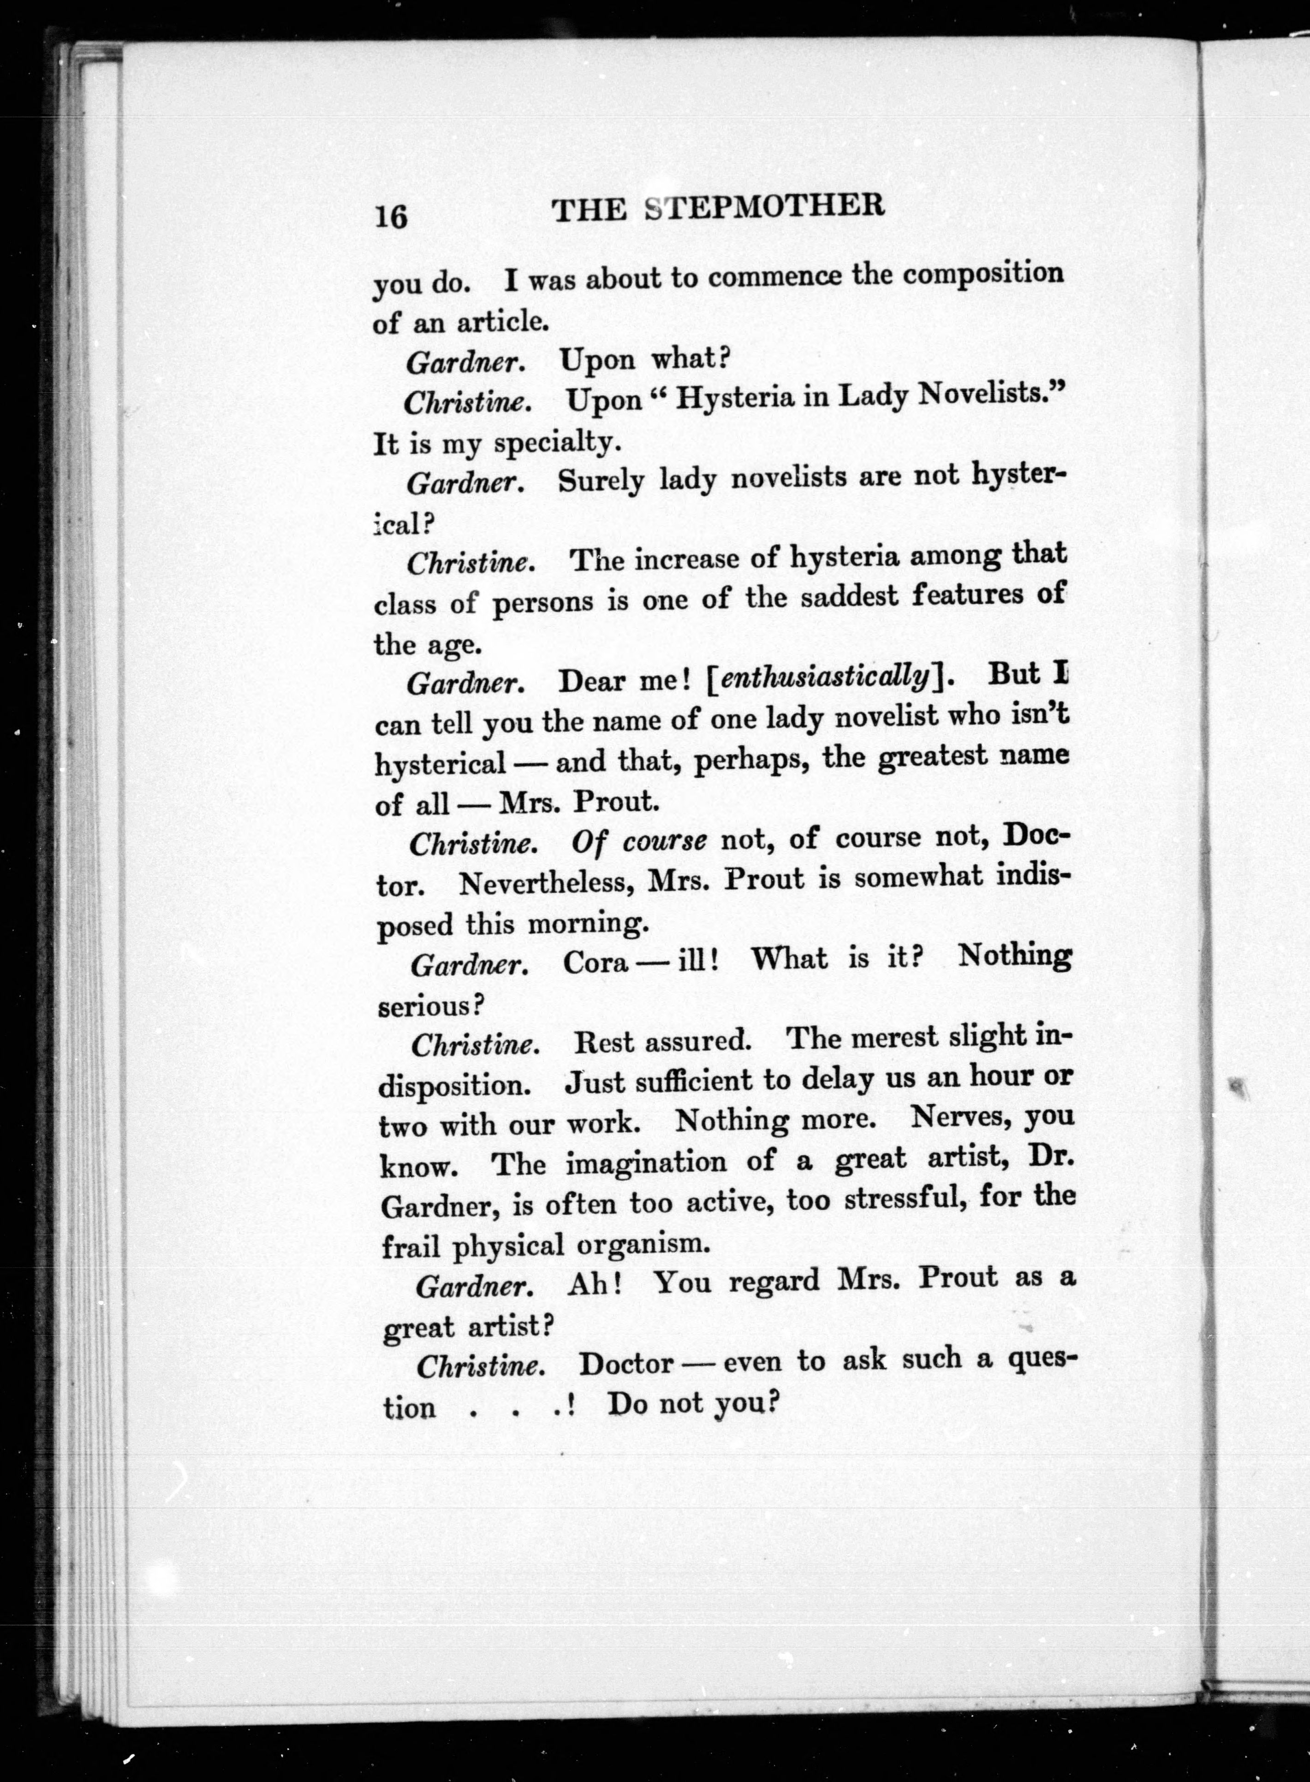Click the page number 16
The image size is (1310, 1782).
391,215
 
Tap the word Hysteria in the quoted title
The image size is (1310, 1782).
735,396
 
